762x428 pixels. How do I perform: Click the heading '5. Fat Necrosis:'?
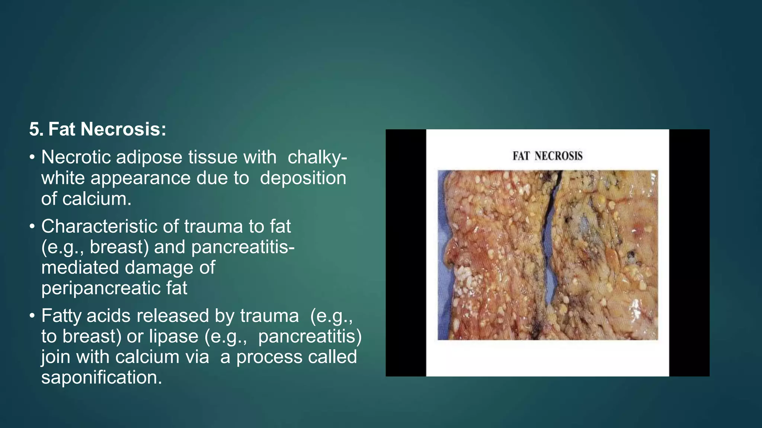coord(97,129)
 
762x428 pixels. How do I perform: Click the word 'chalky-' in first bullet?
coord(317,157)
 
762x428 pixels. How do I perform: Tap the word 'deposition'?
coord(303,178)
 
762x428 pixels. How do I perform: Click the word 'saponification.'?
coord(102,377)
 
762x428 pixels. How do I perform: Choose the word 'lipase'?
coord(173,336)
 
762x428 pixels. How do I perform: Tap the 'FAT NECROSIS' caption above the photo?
coord(547,156)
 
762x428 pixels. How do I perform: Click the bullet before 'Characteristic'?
coord(32,227)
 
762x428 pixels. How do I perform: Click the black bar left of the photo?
coord(406,253)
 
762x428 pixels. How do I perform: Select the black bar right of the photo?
coord(689,253)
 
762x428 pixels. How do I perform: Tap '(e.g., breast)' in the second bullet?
coord(95,247)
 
